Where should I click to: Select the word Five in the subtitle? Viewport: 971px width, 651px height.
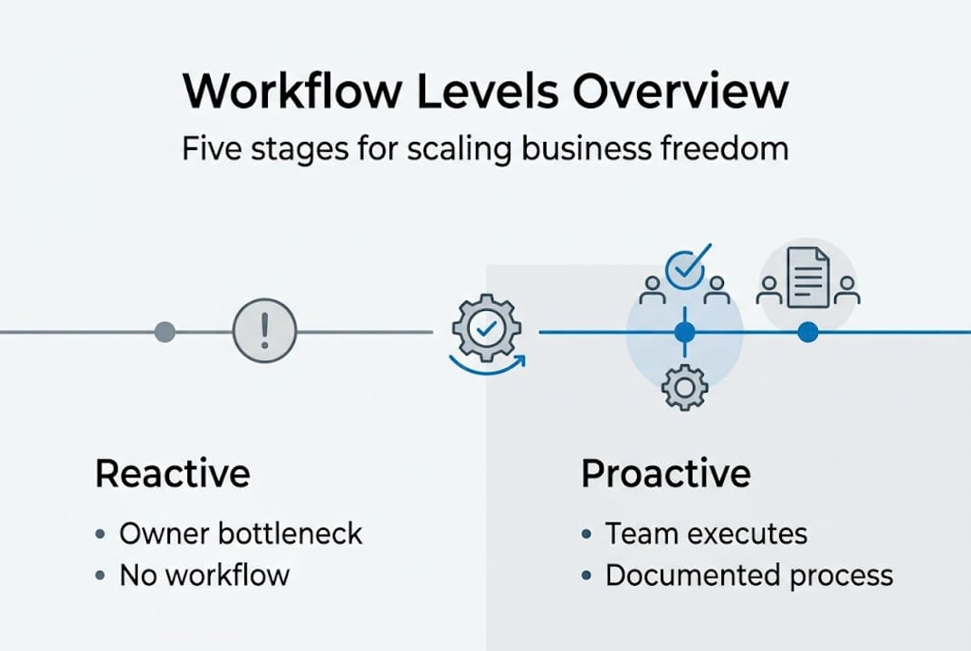214,147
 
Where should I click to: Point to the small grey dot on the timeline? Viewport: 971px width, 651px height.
165,332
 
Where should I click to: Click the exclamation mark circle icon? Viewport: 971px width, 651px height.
264,332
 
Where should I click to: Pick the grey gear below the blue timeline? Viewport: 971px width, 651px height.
684,388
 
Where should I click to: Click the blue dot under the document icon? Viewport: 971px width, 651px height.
808,333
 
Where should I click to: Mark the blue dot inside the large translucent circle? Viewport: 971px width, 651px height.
685,333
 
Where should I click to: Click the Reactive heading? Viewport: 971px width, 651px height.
172,474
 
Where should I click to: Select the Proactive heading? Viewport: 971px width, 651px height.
665,474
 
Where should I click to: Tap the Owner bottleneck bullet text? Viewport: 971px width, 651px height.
241,533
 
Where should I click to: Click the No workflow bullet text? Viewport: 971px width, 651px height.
205,574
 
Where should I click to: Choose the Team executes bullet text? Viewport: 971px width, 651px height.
706,533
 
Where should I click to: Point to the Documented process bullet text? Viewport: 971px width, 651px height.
748,575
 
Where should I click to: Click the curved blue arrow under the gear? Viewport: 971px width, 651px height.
487,366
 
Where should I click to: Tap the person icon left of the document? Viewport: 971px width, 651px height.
769,289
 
